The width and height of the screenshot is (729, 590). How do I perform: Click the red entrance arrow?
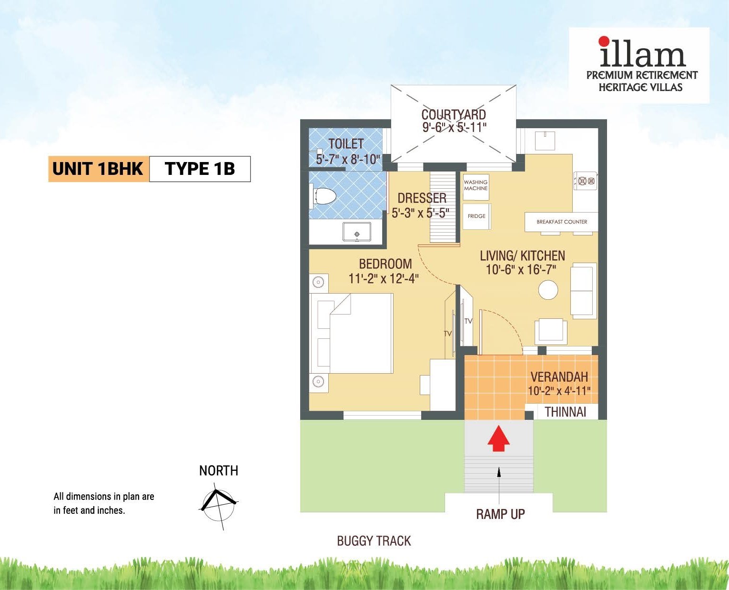498,439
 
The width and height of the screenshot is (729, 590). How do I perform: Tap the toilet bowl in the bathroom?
324,196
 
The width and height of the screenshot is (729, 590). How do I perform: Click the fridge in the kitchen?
476,216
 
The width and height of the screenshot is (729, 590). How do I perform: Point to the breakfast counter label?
562,222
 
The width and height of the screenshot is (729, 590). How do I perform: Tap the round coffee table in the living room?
548,290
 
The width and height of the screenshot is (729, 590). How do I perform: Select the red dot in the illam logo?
604,41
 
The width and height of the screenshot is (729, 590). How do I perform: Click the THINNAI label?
565,412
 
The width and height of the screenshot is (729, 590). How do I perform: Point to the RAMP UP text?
500,514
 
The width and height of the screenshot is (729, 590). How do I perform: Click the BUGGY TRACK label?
374,541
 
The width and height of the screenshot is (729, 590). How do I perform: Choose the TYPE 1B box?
200,169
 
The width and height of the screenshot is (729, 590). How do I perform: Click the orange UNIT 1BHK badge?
98,169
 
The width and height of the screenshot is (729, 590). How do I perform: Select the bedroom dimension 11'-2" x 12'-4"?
384,278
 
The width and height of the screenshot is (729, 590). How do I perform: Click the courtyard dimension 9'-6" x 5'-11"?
454,128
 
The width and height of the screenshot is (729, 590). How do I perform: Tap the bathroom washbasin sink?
356,232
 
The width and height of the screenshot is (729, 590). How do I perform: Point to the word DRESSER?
422,198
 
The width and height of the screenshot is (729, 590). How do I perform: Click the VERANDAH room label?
559,377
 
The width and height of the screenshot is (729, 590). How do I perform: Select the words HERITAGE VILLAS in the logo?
640,87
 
